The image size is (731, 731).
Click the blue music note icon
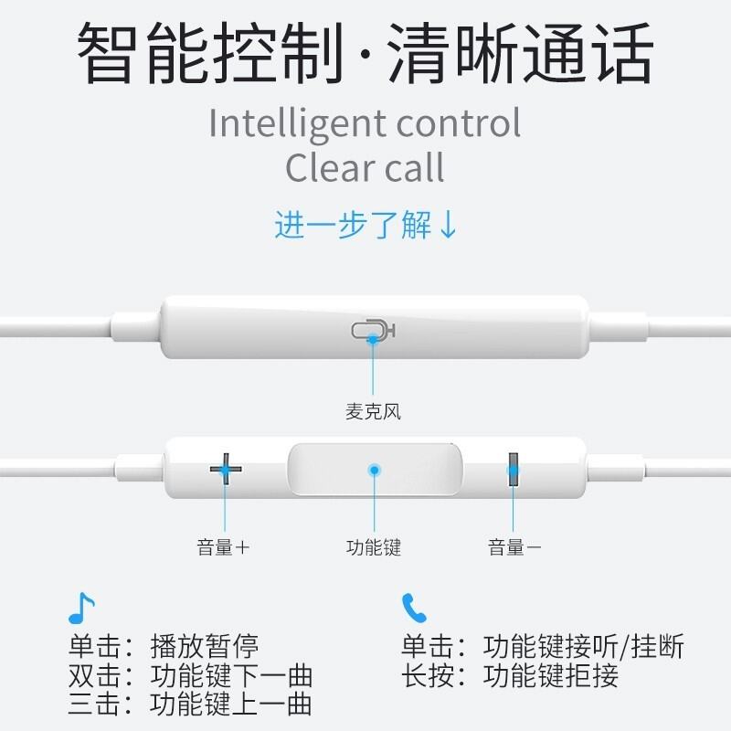[x=81, y=608]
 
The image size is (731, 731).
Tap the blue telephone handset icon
[x=414, y=608]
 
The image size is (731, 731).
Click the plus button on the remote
[x=226, y=469]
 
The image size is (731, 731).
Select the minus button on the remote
[x=514, y=469]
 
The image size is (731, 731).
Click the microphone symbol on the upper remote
[x=373, y=331]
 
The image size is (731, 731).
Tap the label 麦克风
[x=373, y=412]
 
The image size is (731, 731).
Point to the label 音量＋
[x=223, y=547]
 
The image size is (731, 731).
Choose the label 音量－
[x=514, y=547]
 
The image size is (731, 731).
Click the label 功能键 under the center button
[x=374, y=547]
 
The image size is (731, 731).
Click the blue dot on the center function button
[x=374, y=470]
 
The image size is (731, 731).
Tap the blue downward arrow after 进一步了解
[x=449, y=225]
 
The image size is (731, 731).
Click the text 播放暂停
[x=204, y=646]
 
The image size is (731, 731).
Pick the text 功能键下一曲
[x=231, y=675]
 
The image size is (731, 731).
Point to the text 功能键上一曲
[x=231, y=705]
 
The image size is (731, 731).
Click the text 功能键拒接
[x=551, y=675]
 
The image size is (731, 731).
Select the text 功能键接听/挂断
[x=583, y=646]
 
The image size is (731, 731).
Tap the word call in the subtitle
[x=414, y=167]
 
